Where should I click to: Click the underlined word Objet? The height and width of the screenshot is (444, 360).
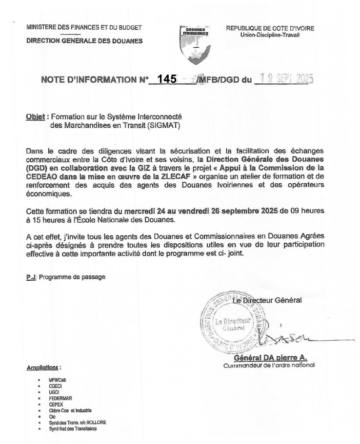tap(36, 117)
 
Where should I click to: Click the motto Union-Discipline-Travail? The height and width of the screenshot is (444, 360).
tap(270, 35)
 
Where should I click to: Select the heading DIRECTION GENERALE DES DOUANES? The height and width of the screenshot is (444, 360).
tap(84, 41)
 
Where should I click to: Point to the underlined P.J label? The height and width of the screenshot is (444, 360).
tap(31, 277)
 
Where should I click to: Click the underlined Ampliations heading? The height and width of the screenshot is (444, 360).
tap(43, 367)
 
